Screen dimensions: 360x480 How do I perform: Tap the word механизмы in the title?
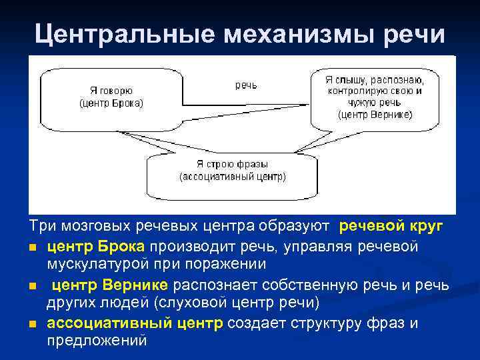[x=300, y=33]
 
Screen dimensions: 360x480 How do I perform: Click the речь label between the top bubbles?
[x=246, y=85]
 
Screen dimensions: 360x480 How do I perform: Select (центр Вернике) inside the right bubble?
[x=375, y=114]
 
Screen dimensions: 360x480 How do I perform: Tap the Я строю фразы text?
[x=231, y=164]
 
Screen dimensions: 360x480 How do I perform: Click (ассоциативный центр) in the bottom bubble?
[x=232, y=177]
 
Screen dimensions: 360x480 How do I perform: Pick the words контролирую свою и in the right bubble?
[x=375, y=91]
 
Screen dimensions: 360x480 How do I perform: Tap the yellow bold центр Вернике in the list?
[x=111, y=285]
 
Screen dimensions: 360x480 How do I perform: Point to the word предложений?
[x=96, y=340]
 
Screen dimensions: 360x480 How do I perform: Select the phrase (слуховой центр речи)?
[x=237, y=303]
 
